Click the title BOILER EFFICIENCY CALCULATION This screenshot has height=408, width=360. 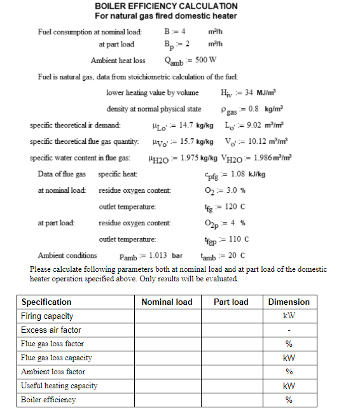165,6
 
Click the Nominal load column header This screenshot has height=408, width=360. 166,302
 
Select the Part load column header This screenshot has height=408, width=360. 231,302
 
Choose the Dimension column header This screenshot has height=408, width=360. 289,302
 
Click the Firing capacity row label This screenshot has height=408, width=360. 47,316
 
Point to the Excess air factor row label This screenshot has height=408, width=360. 51,330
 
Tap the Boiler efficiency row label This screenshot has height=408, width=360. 48,400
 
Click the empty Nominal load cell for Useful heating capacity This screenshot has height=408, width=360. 166,386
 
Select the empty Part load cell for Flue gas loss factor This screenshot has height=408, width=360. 231,344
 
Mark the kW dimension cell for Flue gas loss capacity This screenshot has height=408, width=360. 289,358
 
